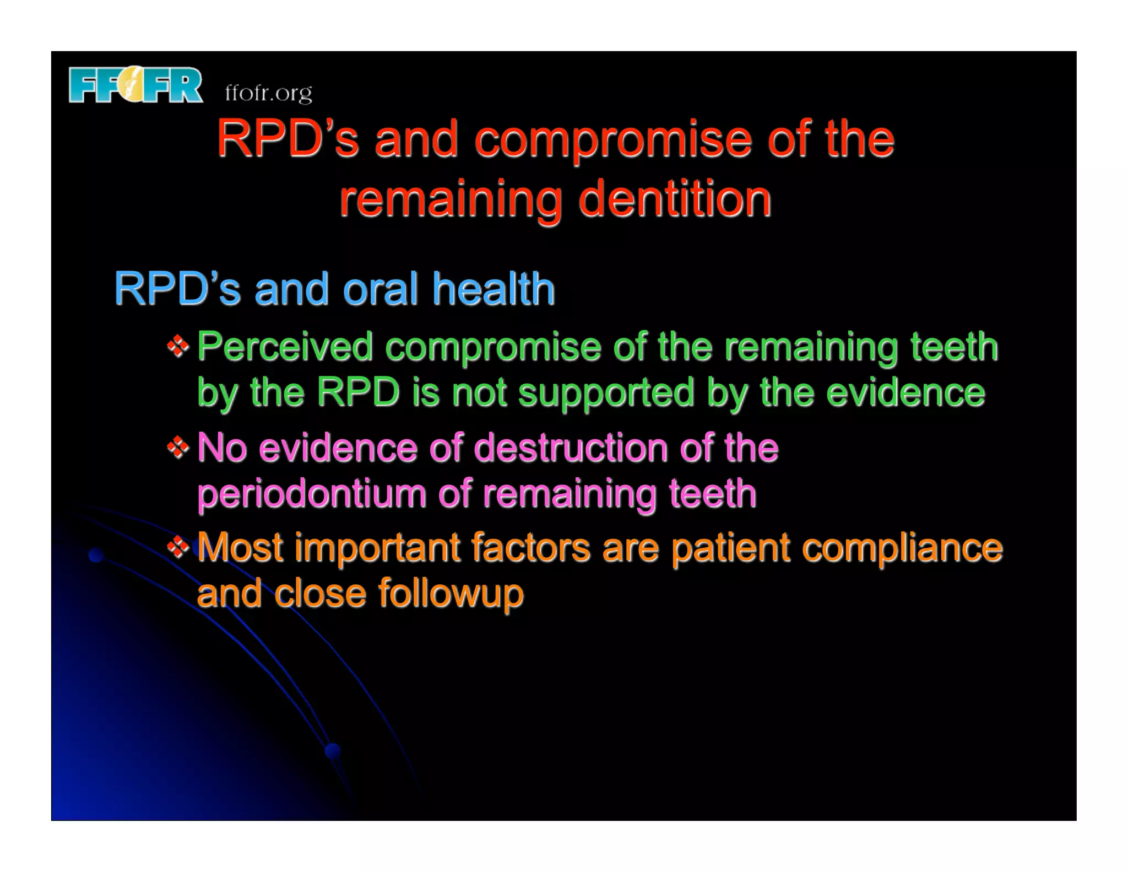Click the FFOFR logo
[x=135, y=85]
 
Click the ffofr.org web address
[x=268, y=93]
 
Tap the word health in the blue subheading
[x=493, y=289]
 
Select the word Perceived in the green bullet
[x=285, y=347]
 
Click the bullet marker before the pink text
[x=178, y=447]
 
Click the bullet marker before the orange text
[x=178, y=547]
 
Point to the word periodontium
[x=311, y=494]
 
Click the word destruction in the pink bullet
[x=570, y=448]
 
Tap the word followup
[x=450, y=594]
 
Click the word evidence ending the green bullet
[x=905, y=393]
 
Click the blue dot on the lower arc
[x=333, y=750]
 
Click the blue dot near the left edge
[x=96, y=555]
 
